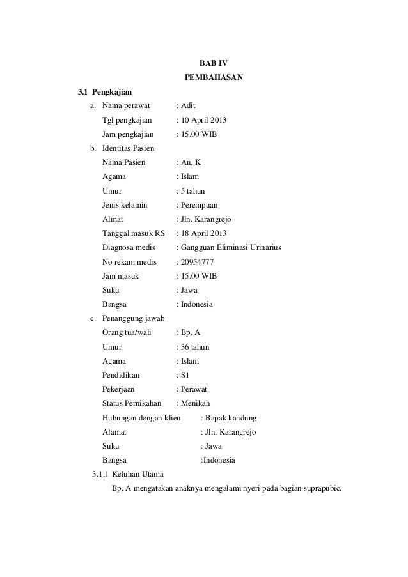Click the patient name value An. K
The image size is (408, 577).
coord(191,162)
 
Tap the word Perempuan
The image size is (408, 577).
coord(199,205)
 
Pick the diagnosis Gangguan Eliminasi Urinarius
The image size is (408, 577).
coord(231,247)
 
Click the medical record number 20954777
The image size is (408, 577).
coord(200,261)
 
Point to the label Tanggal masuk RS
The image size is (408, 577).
coord(133,233)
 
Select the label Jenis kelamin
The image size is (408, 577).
coord(125,205)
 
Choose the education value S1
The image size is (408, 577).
coord(185,375)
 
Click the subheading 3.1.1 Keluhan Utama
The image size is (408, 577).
coord(128,475)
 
